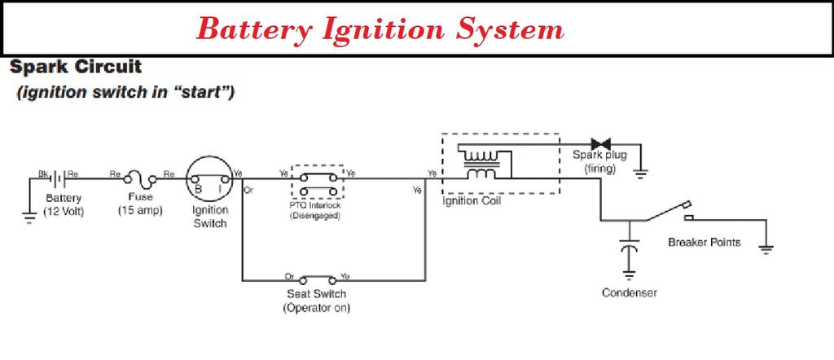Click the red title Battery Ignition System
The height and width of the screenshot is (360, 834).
(380, 29)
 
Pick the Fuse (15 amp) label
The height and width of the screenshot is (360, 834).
(140, 204)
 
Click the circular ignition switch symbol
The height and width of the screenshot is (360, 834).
(208, 177)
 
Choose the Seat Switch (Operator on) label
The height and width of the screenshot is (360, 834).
(317, 301)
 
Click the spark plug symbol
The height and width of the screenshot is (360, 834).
(602, 144)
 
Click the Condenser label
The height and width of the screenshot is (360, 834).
(629, 293)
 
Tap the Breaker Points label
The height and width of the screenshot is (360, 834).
(704, 242)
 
